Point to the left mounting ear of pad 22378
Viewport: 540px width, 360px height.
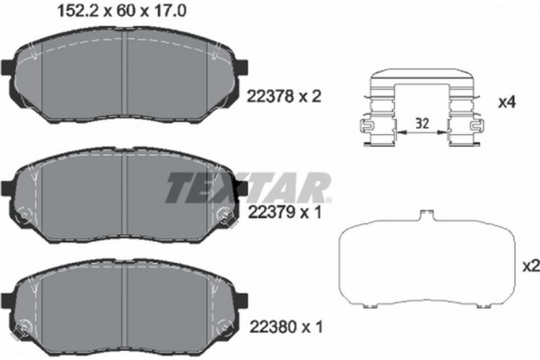(7, 68)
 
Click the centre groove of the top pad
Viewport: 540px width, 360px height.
(126, 72)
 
